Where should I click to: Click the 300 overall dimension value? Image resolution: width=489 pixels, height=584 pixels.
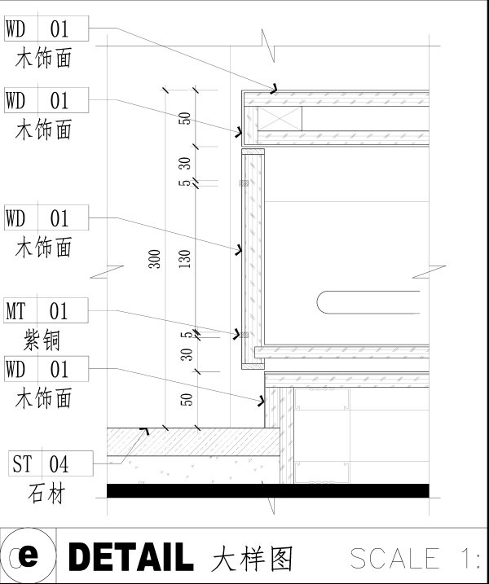point(155,259)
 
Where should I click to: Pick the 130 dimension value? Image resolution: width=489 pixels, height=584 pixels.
point(185,259)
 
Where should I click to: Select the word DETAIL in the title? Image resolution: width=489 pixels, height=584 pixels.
point(130,557)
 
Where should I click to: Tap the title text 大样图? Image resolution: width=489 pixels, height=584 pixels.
point(252,558)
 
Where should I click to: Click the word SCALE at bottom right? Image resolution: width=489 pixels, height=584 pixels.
point(394,558)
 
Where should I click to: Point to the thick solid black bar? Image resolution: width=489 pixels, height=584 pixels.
point(268,490)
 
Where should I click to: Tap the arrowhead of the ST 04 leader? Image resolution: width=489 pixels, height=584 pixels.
point(145,428)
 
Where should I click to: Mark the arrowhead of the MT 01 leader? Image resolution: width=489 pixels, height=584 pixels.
point(243,333)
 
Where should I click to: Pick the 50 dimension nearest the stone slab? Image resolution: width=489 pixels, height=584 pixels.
point(187,399)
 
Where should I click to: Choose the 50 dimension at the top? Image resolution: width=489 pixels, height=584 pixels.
point(186,117)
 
